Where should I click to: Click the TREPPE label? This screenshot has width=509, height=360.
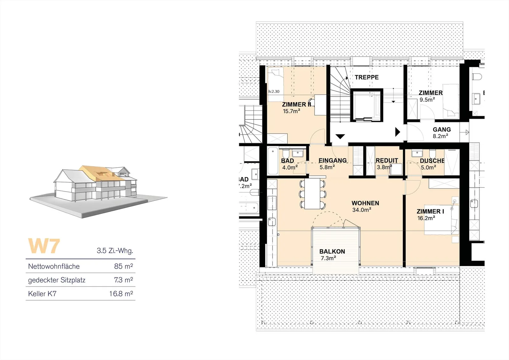tap(366, 77)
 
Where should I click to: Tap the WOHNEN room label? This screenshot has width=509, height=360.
tap(365, 203)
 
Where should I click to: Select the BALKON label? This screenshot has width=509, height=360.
tap(332, 251)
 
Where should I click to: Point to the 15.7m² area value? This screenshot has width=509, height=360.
tap(291, 111)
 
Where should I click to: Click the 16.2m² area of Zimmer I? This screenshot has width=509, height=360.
tap(426, 218)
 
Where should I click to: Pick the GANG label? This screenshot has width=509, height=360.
tap(442, 130)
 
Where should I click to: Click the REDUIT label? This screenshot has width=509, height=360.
tap(387, 160)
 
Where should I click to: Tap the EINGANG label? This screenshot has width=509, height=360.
tap(332, 160)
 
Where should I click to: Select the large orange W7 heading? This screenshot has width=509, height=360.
tap(44, 246)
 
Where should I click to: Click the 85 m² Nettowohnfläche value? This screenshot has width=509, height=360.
tap(123, 266)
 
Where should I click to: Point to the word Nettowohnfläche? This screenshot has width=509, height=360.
tap(54, 266)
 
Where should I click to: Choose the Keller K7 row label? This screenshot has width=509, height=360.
tap(42, 293)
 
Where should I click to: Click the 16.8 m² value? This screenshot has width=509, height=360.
tap(121, 293)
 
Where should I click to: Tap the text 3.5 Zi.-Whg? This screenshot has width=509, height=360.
tap(115, 251)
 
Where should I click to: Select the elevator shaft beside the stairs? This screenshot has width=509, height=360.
tap(366, 105)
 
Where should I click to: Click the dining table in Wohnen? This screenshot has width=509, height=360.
tap(312, 194)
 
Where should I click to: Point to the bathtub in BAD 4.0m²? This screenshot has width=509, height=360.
tap(273, 161)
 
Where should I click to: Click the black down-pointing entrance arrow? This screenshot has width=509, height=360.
tap(340, 137)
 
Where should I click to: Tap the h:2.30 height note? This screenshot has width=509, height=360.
tap(274, 91)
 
